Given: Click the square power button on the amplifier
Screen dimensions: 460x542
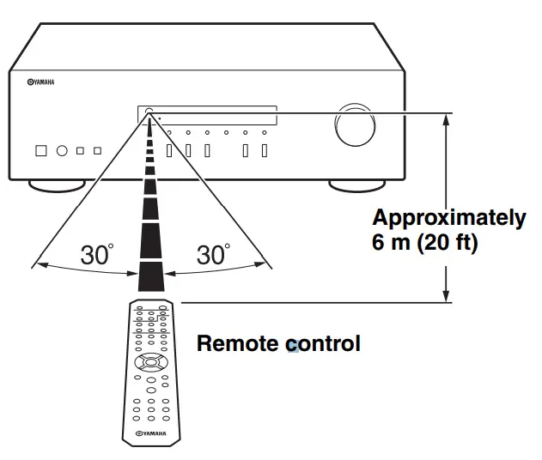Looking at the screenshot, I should [40, 151].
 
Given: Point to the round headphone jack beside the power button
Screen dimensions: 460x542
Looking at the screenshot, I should [62, 151].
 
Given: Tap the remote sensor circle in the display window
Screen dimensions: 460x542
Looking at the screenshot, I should [149, 112].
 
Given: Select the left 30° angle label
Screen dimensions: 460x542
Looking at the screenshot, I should [97, 254].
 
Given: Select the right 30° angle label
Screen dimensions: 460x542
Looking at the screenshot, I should [213, 254].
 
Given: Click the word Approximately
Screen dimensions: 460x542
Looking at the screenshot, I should [448, 218].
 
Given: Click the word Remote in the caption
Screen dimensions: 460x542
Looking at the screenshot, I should [239, 344].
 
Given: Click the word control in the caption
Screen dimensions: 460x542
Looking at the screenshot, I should [323, 344].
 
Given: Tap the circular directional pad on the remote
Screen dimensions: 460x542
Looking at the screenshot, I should [150, 361].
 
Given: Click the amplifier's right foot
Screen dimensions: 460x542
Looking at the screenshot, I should [356, 185].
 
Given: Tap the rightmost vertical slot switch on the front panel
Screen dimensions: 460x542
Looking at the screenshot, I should [265, 151].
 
